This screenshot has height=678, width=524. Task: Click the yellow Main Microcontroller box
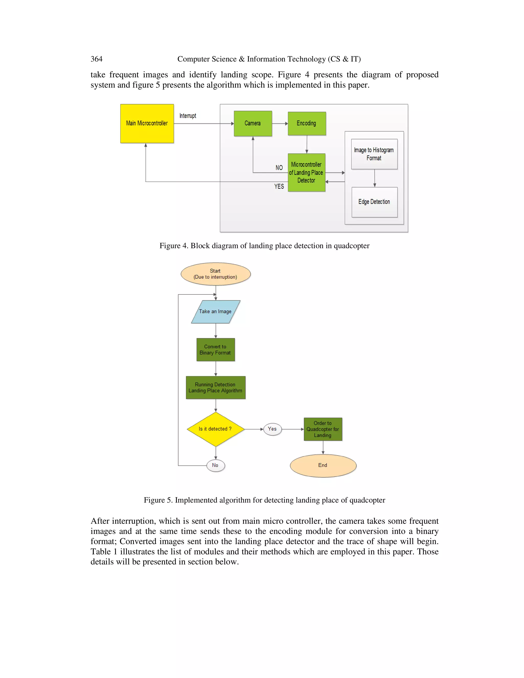pyautogui.click(x=147, y=124)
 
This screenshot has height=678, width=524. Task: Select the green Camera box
pyautogui.click(x=253, y=124)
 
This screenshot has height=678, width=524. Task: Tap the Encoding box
pyautogui.click(x=307, y=124)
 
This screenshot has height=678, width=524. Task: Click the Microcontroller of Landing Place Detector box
pyautogui.click(x=306, y=173)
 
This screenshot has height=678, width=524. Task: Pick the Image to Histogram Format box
pyautogui.click(x=374, y=154)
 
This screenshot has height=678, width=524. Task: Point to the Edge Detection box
pyautogui.click(x=374, y=202)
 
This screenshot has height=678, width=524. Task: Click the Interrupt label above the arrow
pyautogui.click(x=188, y=116)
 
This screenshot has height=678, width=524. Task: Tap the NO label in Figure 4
pyautogui.click(x=279, y=168)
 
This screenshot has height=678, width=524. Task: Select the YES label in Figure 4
pyautogui.click(x=279, y=186)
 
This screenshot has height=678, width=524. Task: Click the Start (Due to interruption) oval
pyautogui.click(x=215, y=274)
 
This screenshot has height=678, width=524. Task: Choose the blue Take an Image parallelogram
pyautogui.click(x=215, y=311)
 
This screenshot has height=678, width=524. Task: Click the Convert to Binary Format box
pyautogui.click(x=215, y=349)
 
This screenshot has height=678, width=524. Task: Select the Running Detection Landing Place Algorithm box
pyautogui.click(x=215, y=387)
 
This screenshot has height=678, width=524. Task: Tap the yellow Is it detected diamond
pyautogui.click(x=215, y=429)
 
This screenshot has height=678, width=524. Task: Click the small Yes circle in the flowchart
pyautogui.click(x=272, y=429)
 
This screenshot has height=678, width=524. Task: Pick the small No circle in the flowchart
pyautogui.click(x=215, y=465)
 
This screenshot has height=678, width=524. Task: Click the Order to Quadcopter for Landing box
pyautogui.click(x=323, y=429)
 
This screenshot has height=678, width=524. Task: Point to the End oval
pyautogui.click(x=323, y=465)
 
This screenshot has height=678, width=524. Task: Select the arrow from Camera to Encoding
pyautogui.click(x=280, y=124)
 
